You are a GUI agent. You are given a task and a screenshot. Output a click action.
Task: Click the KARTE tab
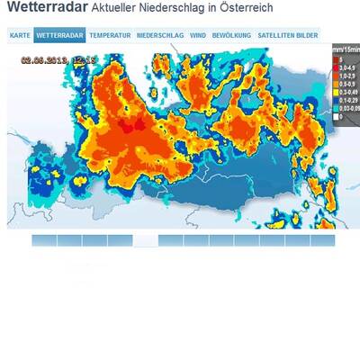pos(20,35)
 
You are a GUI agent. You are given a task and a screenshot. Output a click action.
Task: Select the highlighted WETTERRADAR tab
pos(60,35)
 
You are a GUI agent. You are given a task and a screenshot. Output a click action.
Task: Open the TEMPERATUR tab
pos(111,35)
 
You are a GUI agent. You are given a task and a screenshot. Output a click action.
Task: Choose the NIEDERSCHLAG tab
pos(160,35)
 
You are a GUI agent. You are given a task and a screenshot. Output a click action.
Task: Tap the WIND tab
pos(198,35)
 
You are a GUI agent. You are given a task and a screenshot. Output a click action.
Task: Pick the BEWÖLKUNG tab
pos(231,35)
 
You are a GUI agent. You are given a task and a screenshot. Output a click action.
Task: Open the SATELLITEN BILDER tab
pos(287,35)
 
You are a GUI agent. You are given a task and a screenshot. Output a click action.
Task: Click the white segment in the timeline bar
pos(146,240)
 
